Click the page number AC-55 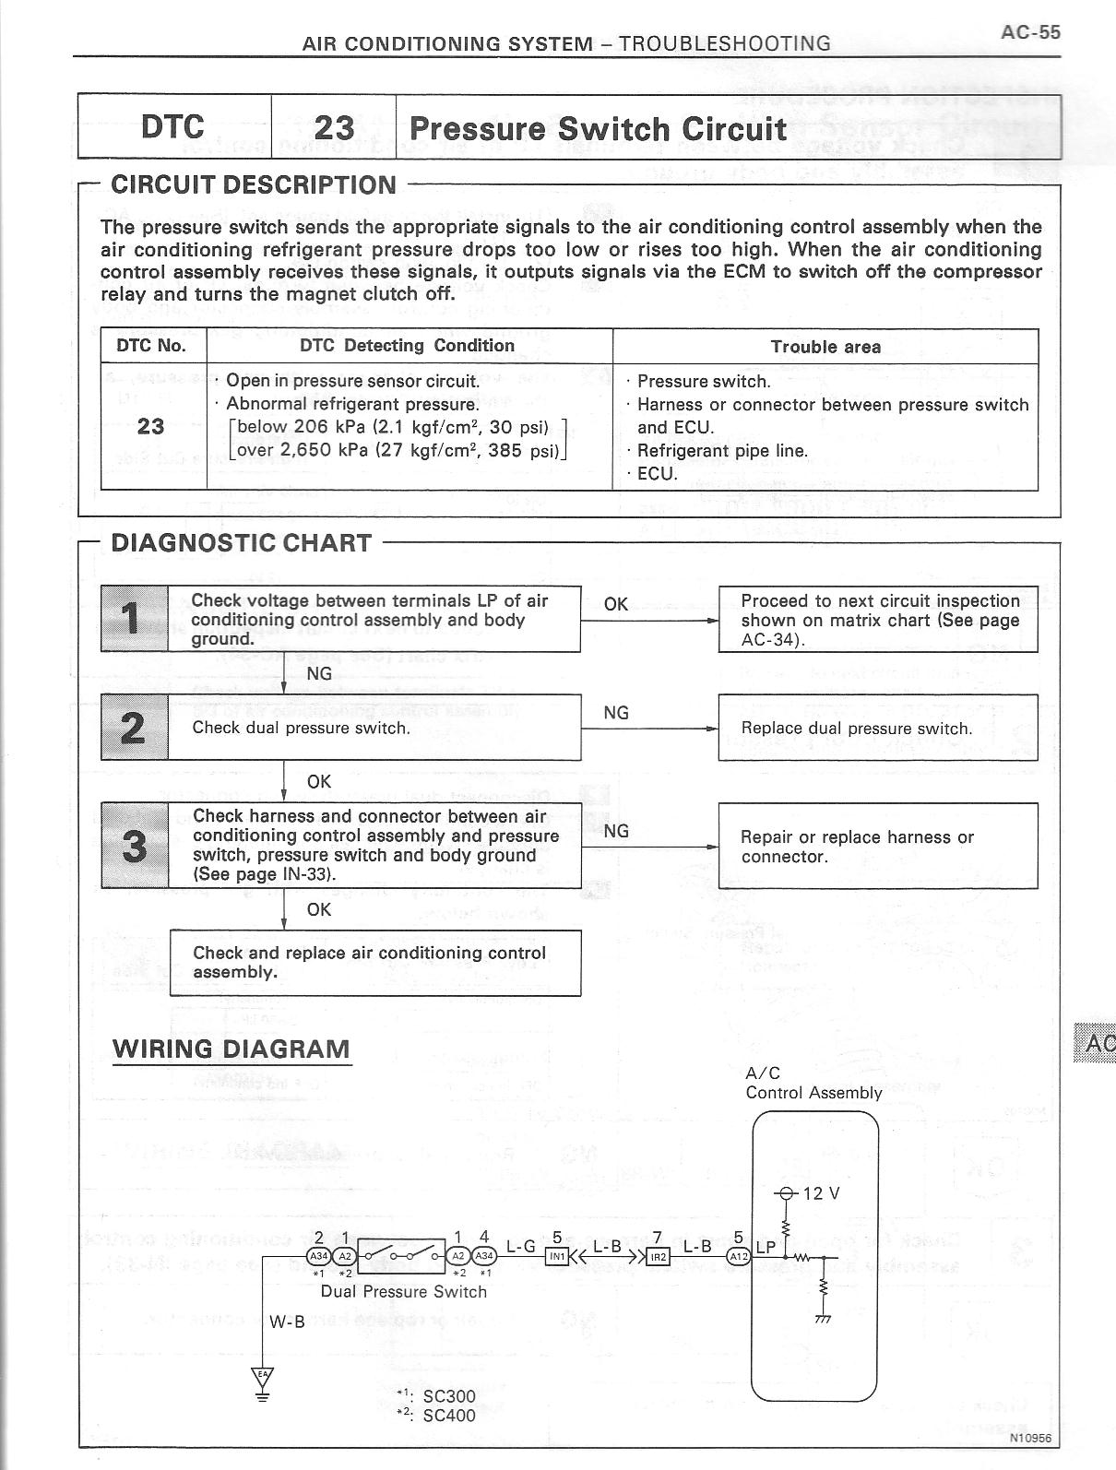[x=1030, y=31]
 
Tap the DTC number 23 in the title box [x=334, y=127]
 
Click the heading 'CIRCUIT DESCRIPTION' [x=253, y=184]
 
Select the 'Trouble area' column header [x=825, y=347]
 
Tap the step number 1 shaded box [x=135, y=619]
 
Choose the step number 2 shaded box [x=135, y=728]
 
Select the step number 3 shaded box [x=135, y=845]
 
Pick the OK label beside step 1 [x=615, y=604]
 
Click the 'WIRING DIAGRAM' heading [x=232, y=1049]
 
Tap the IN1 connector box [x=558, y=1256]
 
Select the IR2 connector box [x=659, y=1256]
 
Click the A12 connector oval [x=739, y=1256]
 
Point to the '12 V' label [x=821, y=1193]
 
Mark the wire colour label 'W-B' [x=287, y=1322]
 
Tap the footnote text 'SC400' [x=448, y=1415]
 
